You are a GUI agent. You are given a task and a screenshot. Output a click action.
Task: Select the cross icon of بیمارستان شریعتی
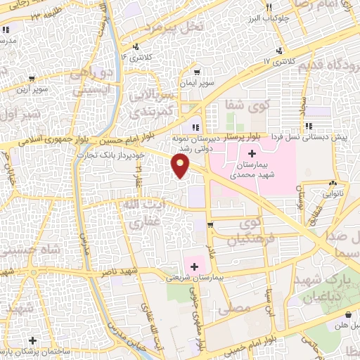pyautogui.click(x=195, y=266)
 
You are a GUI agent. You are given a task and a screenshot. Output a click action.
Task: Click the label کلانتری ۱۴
pyautogui.click(x=134, y=56)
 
